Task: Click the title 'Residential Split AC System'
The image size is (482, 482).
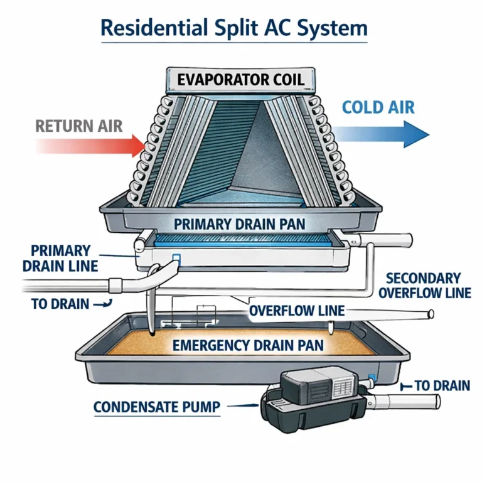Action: point(234,28)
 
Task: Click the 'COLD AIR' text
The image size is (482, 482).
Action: point(378,107)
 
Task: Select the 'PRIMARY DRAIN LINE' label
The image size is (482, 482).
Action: point(60,258)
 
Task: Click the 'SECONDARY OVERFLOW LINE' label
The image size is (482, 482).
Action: point(423,286)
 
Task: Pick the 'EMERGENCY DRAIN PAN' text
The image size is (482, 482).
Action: point(248,345)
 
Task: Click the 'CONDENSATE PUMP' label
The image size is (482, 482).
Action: point(157,407)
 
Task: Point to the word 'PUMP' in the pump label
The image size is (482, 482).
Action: point(199,407)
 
